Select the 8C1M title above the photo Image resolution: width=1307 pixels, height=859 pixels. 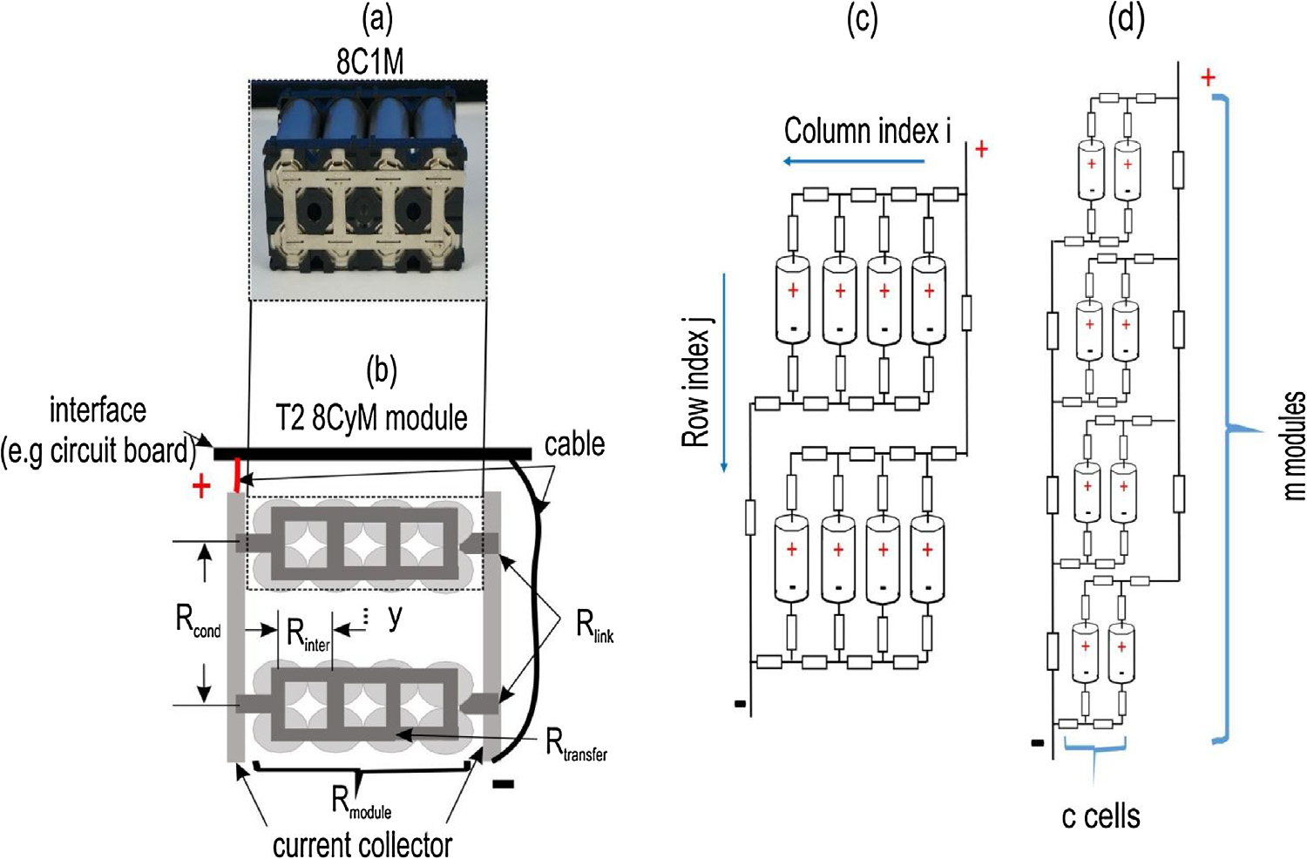click(x=370, y=62)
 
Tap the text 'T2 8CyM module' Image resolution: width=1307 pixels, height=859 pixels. click(x=372, y=418)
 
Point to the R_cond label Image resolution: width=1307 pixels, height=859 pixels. click(x=198, y=620)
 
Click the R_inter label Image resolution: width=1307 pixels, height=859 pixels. click(x=308, y=635)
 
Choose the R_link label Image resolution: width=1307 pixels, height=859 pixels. click(x=595, y=626)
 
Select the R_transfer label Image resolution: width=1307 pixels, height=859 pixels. click(x=576, y=746)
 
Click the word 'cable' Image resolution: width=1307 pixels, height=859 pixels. click(x=574, y=444)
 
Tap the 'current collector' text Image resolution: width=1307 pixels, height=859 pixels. click(x=362, y=844)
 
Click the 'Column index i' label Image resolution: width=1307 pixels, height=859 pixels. click(x=867, y=132)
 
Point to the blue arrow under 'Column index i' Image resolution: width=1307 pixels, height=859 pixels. click(x=853, y=161)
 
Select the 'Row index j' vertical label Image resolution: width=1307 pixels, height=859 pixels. click(x=697, y=383)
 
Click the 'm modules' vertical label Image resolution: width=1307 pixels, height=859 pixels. click(x=1294, y=444)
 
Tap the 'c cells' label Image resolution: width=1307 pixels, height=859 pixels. click(x=1100, y=816)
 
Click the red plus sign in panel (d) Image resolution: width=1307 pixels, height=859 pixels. click(x=1208, y=78)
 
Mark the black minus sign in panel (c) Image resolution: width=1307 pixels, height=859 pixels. click(x=740, y=703)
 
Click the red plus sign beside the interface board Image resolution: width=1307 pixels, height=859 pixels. click(x=201, y=486)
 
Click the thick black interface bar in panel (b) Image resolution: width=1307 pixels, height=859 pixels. click(x=372, y=454)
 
